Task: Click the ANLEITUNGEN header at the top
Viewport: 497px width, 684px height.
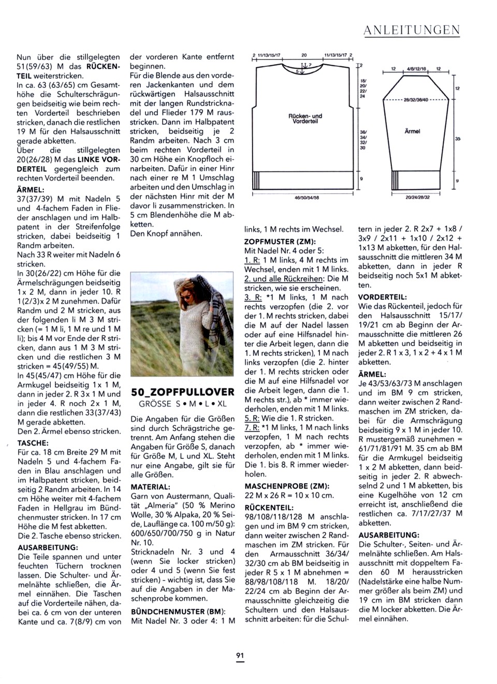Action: (x=412, y=31)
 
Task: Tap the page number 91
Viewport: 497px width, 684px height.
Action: (x=240, y=656)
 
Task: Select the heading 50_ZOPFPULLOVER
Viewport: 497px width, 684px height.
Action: (x=182, y=391)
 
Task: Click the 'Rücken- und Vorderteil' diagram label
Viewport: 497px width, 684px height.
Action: (x=305, y=118)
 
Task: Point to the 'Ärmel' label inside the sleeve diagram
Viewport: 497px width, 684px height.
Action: (x=412, y=131)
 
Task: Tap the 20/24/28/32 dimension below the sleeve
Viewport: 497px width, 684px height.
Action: (x=417, y=197)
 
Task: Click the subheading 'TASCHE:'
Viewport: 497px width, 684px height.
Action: (x=33, y=443)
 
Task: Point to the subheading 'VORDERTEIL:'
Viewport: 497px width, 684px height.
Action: (x=382, y=297)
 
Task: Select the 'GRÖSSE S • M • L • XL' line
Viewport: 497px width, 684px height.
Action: (x=183, y=404)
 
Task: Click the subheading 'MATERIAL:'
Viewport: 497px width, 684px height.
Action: (x=150, y=487)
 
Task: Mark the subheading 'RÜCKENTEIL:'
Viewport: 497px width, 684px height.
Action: (x=269, y=508)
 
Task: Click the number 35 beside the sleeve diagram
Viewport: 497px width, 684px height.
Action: (x=457, y=139)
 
